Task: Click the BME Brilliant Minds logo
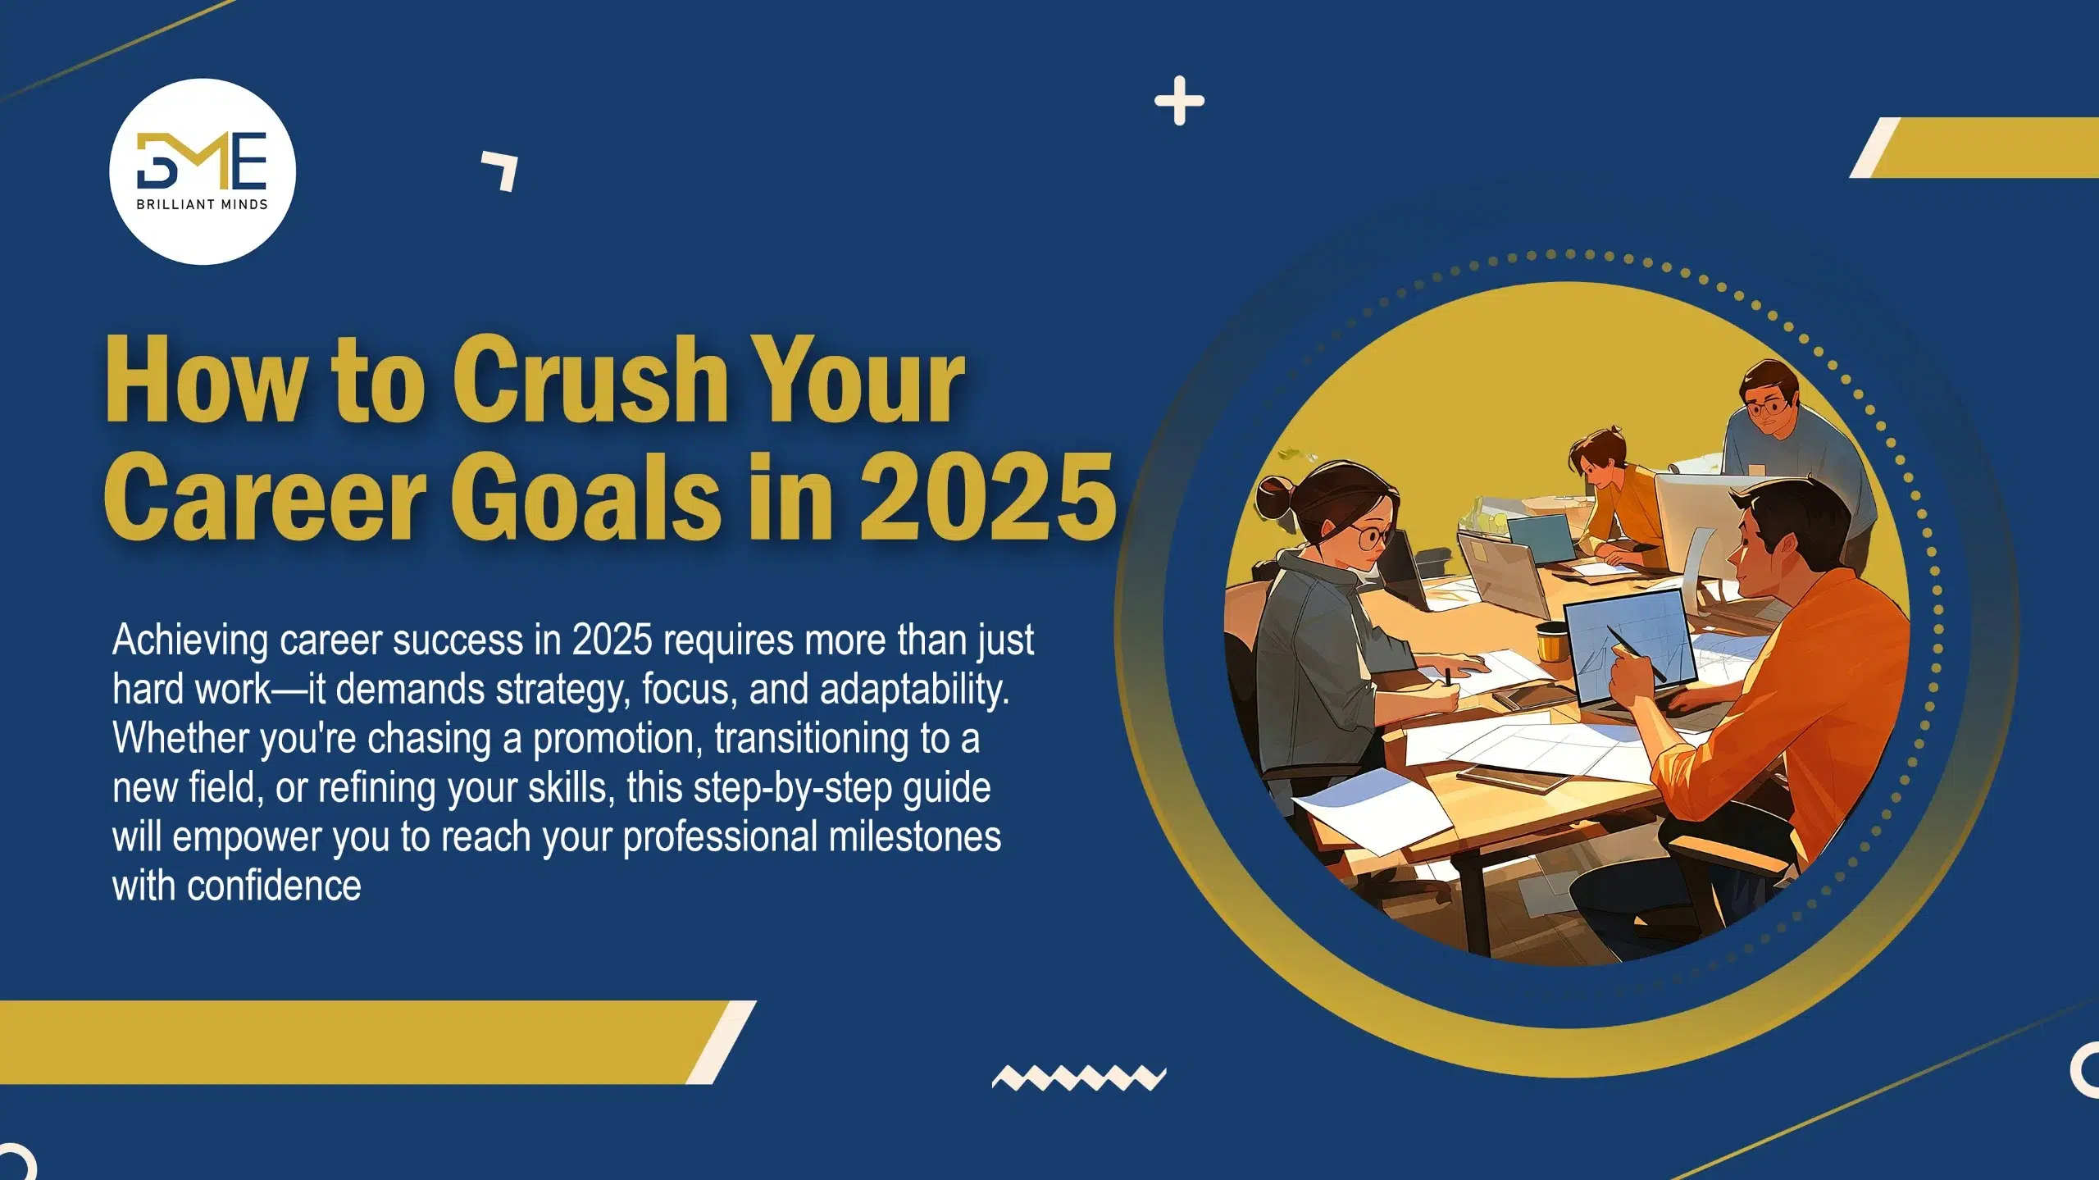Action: point(203,171)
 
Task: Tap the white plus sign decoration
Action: point(1179,101)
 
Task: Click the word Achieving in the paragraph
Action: point(190,641)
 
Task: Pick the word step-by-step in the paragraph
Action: point(793,788)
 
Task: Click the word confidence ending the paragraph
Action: point(274,886)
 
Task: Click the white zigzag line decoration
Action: point(1079,1077)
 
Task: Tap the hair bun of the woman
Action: point(1273,497)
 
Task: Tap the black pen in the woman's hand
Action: point(1449,678)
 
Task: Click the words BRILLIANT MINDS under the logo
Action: point(202,204)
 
